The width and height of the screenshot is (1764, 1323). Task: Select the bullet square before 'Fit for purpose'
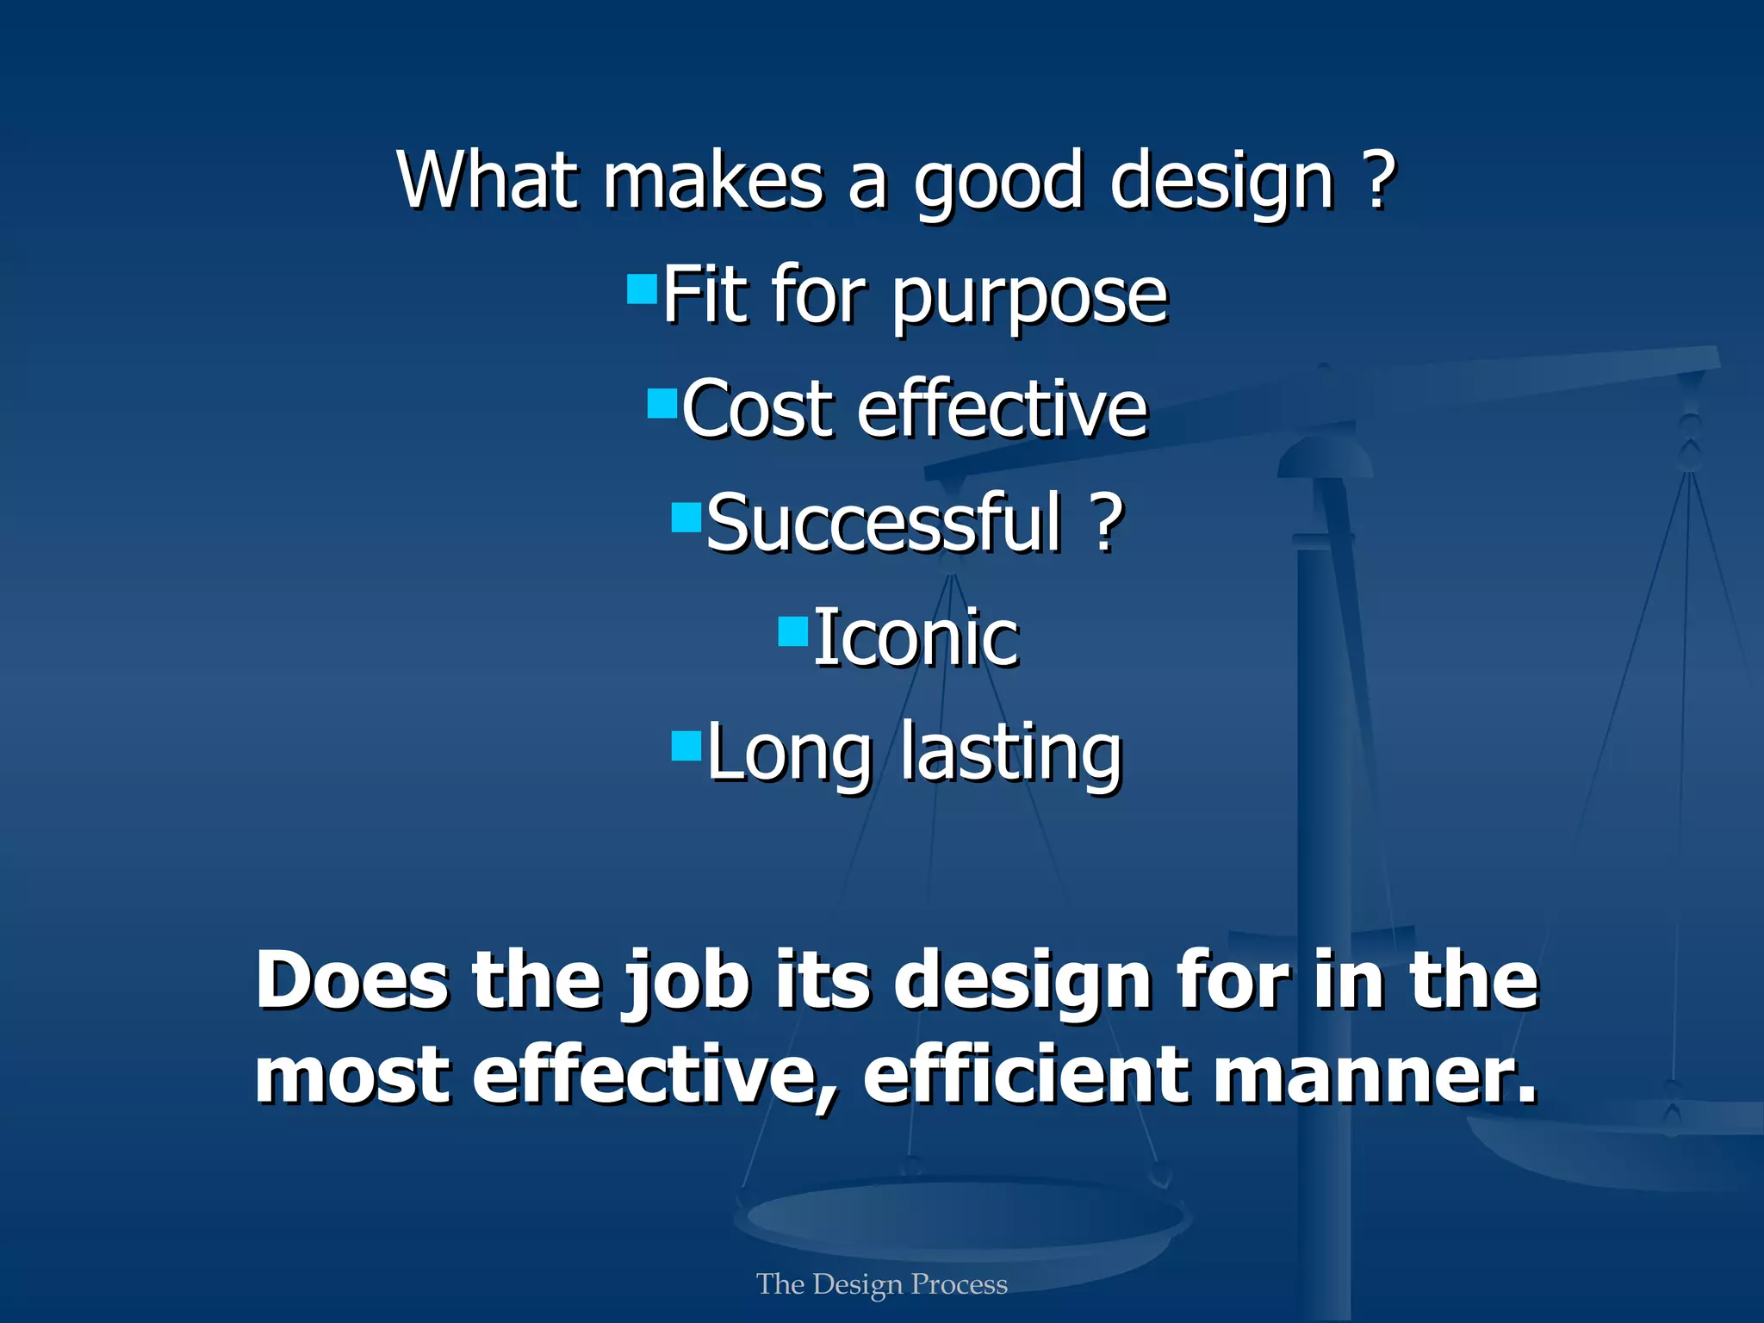(642, 289)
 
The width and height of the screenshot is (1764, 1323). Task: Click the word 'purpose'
(1029, 297)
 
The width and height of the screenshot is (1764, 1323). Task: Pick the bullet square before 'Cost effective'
(662, 403)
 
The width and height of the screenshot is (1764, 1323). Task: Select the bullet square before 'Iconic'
(792, 631)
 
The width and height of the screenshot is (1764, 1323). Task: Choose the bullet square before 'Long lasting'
(686, 746)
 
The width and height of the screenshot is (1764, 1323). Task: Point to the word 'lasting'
(1011, 753)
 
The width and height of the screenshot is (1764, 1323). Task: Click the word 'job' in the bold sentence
(686, 982)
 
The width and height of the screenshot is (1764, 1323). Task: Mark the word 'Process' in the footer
(959, 1284)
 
